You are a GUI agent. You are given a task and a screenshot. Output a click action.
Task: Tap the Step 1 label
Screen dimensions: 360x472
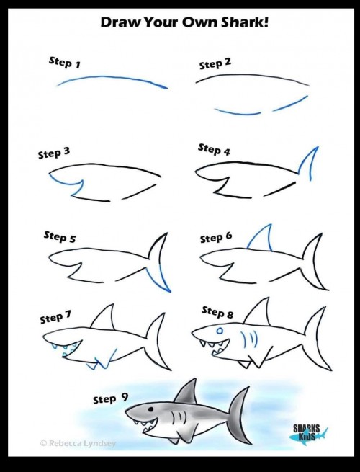point(65,62)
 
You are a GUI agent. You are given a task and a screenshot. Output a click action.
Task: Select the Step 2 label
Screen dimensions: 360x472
point(215,63)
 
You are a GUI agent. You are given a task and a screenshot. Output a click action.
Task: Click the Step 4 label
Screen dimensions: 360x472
point(214,149)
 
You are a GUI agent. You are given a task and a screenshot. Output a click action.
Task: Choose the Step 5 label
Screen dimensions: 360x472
point(60,236)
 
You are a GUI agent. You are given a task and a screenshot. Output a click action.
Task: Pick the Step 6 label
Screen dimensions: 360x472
point(216,237)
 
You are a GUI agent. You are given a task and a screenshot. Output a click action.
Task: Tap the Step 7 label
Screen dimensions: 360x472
point(55,317)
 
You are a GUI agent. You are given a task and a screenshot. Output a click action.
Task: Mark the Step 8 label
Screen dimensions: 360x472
point(217,312)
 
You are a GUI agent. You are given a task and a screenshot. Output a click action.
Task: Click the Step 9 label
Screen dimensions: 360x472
point(110,398)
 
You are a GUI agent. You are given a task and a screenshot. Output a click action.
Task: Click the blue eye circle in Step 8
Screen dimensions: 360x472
point(220,331)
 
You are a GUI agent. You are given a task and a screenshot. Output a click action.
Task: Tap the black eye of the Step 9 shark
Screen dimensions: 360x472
point(150,409)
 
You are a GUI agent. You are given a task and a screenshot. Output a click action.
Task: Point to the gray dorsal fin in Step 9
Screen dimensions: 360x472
point(187,393)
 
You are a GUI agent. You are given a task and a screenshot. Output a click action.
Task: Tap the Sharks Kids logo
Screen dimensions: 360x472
point(308,433)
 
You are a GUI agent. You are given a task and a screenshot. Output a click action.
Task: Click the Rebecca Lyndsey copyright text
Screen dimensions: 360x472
point(78,443)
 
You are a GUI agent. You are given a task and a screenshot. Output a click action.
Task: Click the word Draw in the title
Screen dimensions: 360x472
point(120,22)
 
